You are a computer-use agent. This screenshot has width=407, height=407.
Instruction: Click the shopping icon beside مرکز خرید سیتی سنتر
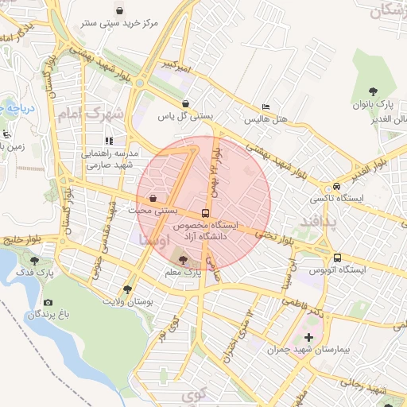119,10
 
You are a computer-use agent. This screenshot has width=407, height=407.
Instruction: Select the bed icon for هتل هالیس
266,107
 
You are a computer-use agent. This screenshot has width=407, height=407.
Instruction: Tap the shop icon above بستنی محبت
152,199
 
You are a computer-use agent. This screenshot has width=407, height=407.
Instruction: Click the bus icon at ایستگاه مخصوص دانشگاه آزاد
206,213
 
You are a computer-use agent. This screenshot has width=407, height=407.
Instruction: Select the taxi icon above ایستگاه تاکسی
338,185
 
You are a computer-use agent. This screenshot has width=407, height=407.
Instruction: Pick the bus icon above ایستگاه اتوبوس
338,258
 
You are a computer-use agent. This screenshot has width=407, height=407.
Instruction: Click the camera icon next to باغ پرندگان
48,303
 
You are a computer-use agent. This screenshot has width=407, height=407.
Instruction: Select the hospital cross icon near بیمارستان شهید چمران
308,338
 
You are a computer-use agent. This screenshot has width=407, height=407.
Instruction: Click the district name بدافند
317,223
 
